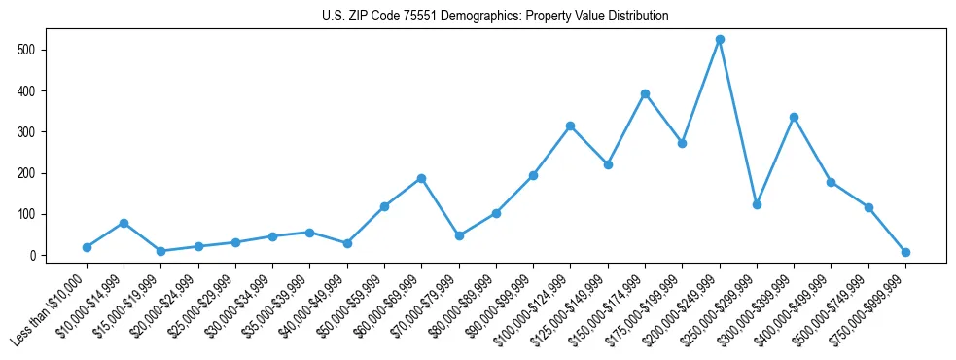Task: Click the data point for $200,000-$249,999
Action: tap(720, 40)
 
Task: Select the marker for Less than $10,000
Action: tap(87, 247)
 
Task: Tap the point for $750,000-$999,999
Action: tap(905, 252)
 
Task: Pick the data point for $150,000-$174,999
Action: tap(645, 93)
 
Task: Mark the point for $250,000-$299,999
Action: tap(757, 204)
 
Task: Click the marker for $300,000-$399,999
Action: tap(794, 117)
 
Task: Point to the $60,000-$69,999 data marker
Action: tap(421, 178)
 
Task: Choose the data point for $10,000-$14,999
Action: tap(124, 223)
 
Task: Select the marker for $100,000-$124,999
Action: tap(570, 126)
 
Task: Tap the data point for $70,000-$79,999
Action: tap(459, 235)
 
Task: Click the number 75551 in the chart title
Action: tap(430, 17)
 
